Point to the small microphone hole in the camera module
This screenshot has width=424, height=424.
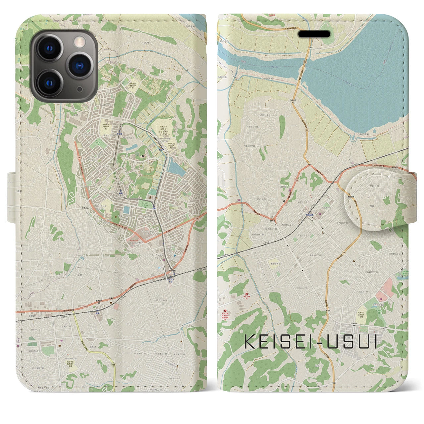coord(79,89)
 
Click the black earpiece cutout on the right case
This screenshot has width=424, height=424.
coord(314,34)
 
